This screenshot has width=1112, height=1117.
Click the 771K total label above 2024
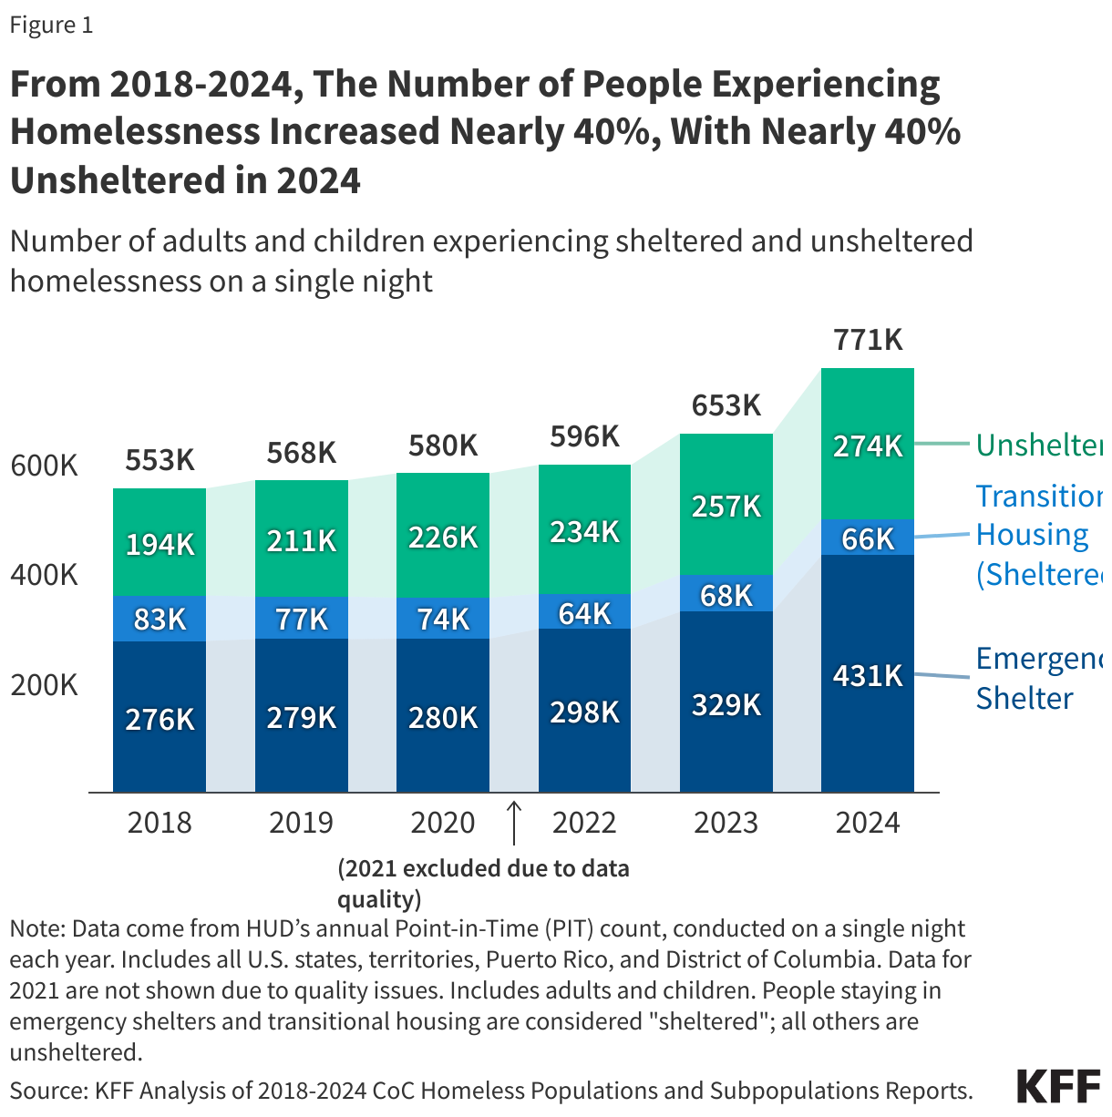coord(868,340)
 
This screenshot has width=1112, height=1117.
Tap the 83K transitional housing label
coord(160,620)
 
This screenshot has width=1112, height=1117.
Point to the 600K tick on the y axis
coord(44,466)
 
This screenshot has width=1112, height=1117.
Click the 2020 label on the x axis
coord(443,823)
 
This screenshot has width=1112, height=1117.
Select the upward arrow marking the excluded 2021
coord(514,823)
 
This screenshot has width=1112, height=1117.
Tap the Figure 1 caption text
coord(51,25)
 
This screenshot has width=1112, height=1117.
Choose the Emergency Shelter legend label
coord(1037,678)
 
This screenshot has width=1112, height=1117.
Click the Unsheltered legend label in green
coord(1038,445)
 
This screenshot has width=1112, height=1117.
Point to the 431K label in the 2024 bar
coord(868,676)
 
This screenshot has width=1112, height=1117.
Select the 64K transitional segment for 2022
coord(584,613)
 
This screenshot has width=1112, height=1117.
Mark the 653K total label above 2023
coord(726,405)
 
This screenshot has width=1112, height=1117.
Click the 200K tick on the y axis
coord(44,685)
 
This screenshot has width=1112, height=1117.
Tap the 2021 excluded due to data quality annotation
coord(483,883)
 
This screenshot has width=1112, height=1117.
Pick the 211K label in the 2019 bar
coord(302,541)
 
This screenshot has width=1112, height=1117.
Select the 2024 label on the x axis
coord(868,823)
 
